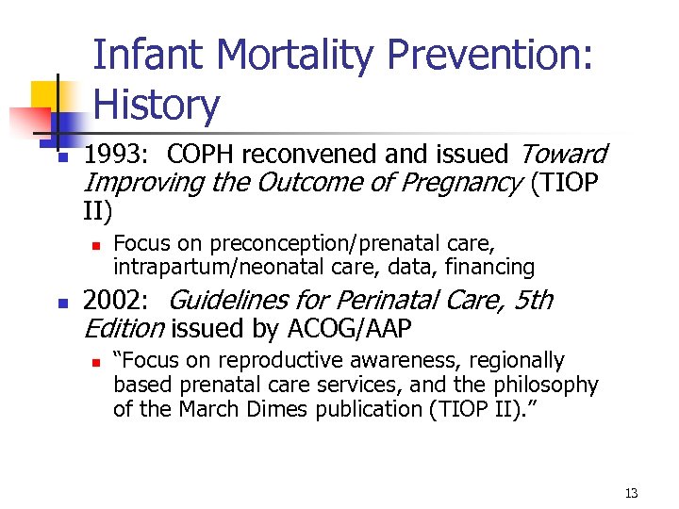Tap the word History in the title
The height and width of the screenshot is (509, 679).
[x=157, y=105]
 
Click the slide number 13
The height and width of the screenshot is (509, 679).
[x=631, y=493]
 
